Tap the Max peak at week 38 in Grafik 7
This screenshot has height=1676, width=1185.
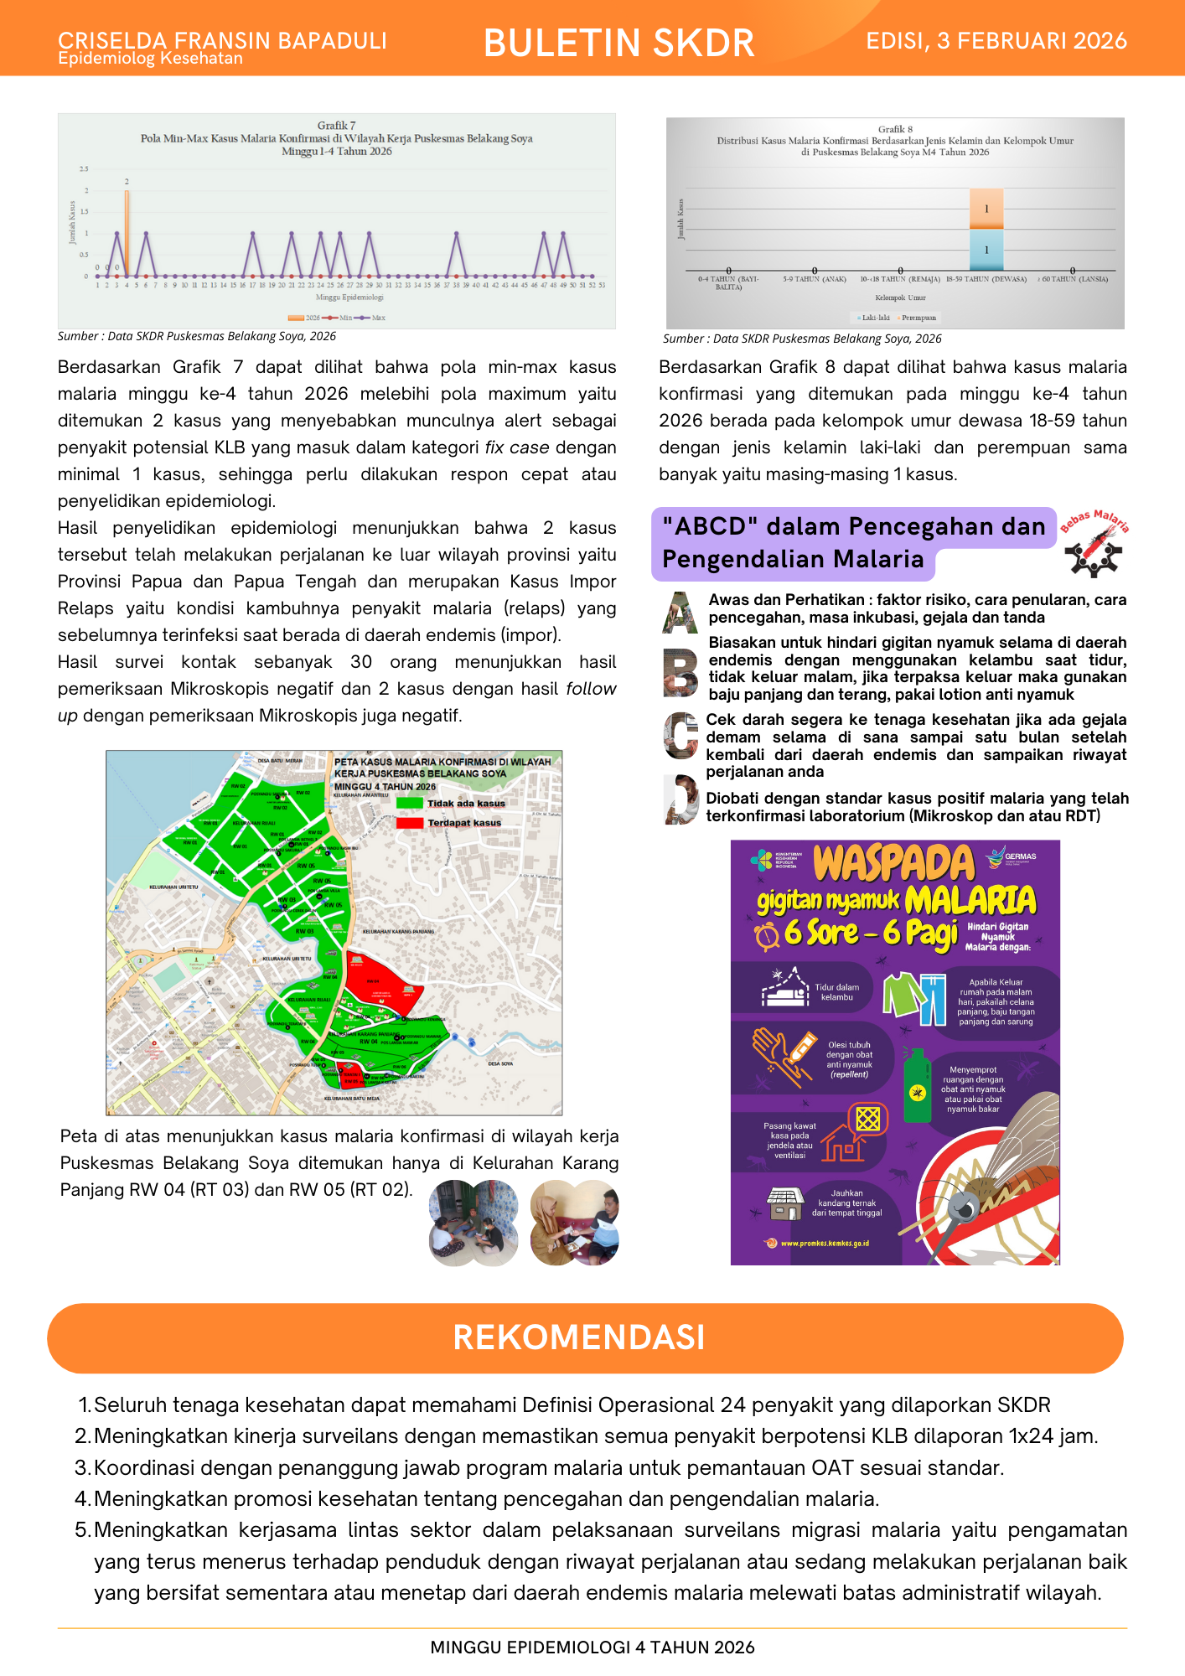[456, 234]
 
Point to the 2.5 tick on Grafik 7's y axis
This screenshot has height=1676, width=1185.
[84, 169]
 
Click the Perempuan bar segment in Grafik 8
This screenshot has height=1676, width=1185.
[986, 209]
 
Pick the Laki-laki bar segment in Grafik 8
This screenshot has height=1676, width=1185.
[986, 249]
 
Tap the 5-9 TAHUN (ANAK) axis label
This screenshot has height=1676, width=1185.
[814, 279]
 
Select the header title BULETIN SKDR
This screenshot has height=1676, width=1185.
[619, 43]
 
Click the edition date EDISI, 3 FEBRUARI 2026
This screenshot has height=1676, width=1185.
[996, 41]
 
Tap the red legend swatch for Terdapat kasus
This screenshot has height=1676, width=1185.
[409, 823]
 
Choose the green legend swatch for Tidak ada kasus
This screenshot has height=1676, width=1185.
[409, 803]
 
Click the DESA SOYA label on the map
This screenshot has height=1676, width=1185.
[500, 1063]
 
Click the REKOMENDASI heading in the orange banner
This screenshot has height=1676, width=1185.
[579, 1337]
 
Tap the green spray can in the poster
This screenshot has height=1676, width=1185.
[918, 1086]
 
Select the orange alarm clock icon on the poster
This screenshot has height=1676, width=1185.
[767, 935]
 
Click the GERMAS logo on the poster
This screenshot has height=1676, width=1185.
[1012, 857]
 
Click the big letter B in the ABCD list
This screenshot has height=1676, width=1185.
[680, 671]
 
